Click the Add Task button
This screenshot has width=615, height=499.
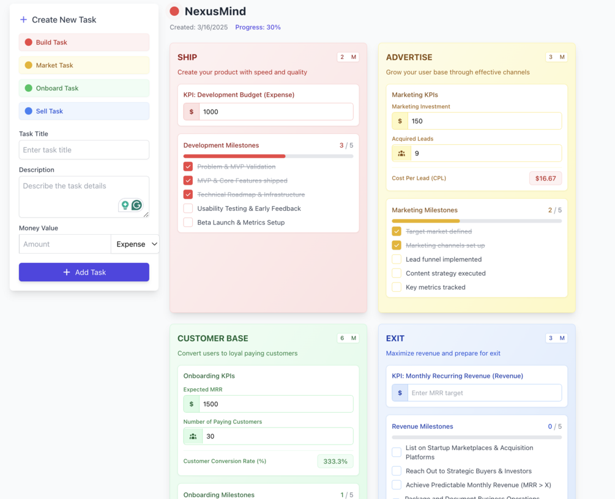(84, 272)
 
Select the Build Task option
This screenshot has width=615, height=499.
(84, 42)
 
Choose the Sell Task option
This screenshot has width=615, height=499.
(84, 111)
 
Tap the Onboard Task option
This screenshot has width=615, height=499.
(84, 88)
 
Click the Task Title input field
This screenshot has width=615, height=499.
(84, 150)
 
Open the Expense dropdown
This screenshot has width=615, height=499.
(135, 244)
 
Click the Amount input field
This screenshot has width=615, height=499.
(65, 244)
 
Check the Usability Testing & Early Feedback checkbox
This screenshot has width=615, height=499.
(188, 209)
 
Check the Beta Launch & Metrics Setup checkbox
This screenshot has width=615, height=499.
(188, 223)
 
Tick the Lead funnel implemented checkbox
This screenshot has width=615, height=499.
(397, 259)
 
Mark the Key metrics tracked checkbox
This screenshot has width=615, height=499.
(397, 287)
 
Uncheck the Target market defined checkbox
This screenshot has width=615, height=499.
(397, 231)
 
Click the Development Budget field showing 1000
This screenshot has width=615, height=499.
(275, 112)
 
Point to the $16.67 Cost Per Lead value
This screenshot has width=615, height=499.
(545, 179)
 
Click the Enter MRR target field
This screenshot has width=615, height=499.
(484, 393)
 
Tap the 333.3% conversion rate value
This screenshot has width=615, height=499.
(335, 461)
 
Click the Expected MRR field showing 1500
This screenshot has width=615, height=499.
(277, 404)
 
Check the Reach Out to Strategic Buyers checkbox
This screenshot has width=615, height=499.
(397, 471)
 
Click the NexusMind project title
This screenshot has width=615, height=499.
(215, 11)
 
